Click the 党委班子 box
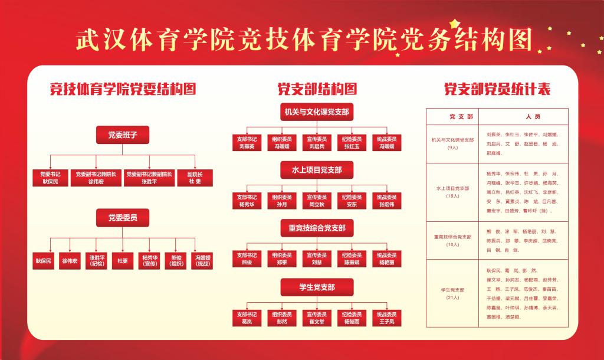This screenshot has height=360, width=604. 122,135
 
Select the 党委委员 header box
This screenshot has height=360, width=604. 122,218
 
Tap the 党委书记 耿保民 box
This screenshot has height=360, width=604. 50,178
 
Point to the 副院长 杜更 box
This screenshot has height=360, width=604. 195,178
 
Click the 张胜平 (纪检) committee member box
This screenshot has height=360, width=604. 96,261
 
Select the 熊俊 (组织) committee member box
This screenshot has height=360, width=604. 176,261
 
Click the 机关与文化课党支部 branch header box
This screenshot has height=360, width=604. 317,112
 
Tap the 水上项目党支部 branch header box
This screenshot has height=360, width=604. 317,170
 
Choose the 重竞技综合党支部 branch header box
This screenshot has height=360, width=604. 317,228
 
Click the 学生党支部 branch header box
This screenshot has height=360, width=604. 317,287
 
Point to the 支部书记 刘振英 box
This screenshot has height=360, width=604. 247,142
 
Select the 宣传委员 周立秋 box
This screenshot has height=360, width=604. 317,201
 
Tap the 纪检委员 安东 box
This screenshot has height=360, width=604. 352,201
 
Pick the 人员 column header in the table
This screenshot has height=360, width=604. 525,116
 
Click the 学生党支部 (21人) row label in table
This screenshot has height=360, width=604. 453,293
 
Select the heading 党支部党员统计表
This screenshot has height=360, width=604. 497,89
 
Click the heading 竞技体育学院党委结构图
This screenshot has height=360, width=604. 123,89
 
